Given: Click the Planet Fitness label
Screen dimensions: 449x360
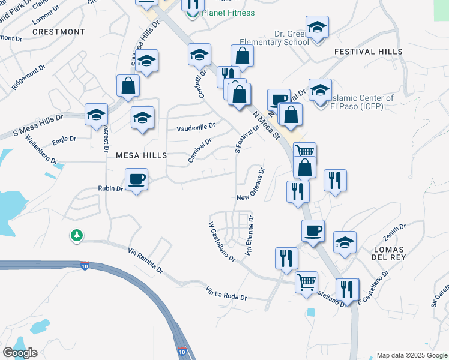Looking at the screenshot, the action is [228, 13].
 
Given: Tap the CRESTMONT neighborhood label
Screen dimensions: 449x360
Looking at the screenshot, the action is [59, 31].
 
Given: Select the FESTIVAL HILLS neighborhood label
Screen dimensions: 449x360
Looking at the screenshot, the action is [369, 52].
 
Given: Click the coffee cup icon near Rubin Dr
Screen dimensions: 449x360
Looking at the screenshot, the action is [137, 179].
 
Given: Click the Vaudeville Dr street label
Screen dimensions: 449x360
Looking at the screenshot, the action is [196, 127].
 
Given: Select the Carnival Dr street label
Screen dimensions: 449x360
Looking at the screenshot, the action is [200, 151].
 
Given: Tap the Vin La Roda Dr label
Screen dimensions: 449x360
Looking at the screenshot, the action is [226, 294].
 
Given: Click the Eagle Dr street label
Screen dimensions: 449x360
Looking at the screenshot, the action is [64, 139].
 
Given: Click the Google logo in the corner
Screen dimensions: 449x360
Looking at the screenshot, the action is [20, 353].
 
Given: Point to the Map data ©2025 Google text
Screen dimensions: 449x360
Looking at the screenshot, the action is [412, 355].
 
